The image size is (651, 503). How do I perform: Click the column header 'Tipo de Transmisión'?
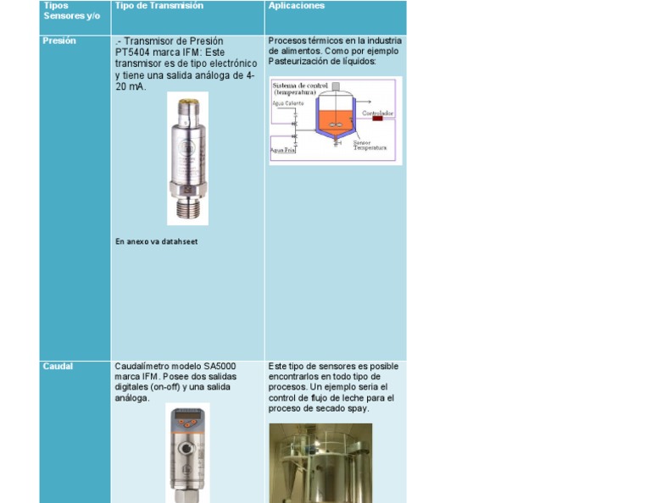click(x=159, y=6)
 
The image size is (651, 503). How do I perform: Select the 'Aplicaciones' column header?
click(x=296, y=6)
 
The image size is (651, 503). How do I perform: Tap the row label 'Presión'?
click(x=58, y=41)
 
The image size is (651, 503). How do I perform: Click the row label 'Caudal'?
click(x=58, y=367)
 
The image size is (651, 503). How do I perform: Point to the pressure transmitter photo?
click(x=187, y=159)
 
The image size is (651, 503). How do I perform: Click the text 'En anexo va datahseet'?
click(x=156, y=242)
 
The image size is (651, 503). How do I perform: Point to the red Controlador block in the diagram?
click(x=377, y=119)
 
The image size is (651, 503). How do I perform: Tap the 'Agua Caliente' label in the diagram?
click(x=287, y=103)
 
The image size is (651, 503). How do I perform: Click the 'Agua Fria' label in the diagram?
click(x=282, y=151)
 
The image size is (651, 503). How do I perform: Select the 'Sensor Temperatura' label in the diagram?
click(x=369, y=146)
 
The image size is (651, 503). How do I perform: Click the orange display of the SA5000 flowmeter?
click(x=187, y=418)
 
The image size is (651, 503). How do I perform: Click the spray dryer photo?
click(x=320, y=462)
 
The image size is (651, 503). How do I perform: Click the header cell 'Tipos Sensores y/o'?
click(x=65, y=11)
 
